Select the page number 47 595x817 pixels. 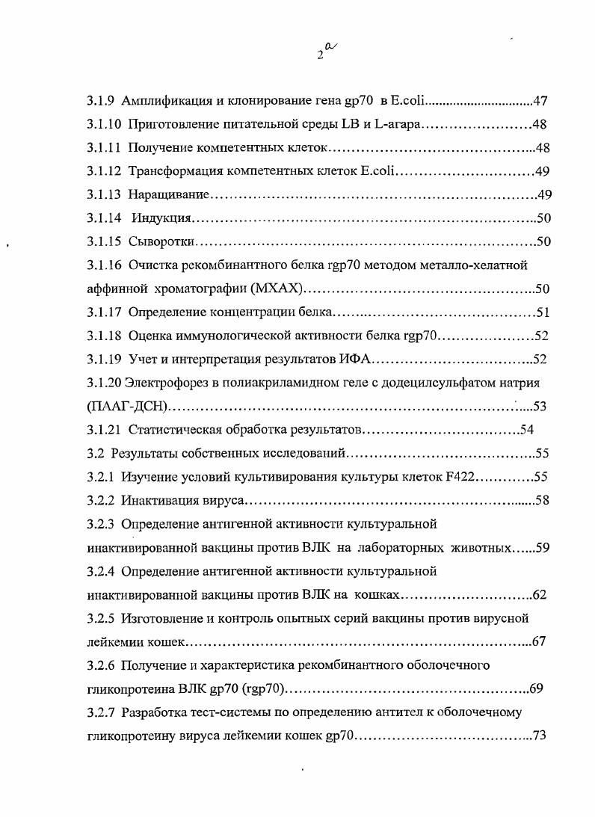pos(543,101)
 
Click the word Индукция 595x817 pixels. pos(163,218)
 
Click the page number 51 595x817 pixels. pos(543,312)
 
